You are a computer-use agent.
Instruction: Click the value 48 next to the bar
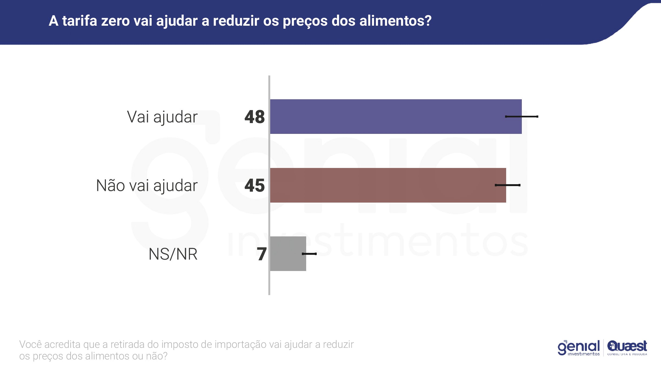[x=255, y=117]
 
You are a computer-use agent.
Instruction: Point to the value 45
[x=255, y=186]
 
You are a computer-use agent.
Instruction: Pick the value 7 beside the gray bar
[x=262, y=254]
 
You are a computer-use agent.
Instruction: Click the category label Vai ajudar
[x=162, y=117]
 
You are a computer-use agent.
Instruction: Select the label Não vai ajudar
[x=147, y=186]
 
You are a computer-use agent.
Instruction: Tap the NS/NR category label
[x=173, y=254]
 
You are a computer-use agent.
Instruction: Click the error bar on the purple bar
[x=522, y=117]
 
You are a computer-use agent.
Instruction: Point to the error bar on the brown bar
[x=508, y=185]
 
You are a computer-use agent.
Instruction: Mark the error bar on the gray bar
[x=309, y=254]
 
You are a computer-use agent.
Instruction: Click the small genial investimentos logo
[x=579, y=348]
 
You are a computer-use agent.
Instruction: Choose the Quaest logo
[x=627, y=348]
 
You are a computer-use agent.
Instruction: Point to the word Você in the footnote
[x=31, y=345]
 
